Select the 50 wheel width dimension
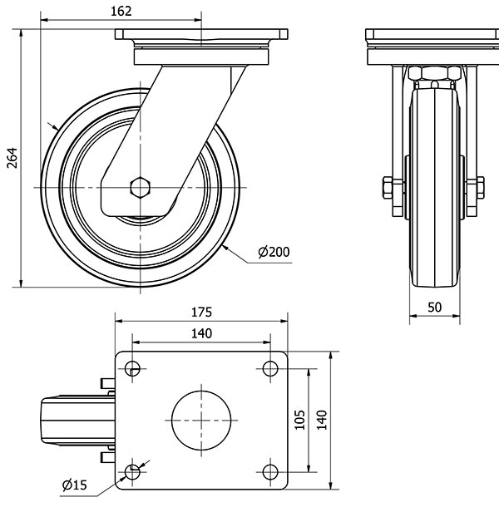(x=433, y=307)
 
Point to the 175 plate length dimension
(x=201, y=313)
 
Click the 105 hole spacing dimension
(x=301, y=420)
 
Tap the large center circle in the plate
(x=200, y=420)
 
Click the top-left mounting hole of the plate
(x=132, y=368)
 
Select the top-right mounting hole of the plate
(x=269, y=368)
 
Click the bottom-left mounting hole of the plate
(x=132, y=472)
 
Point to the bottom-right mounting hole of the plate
(x=269, y=472)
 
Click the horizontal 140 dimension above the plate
(x=201, y=333)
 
